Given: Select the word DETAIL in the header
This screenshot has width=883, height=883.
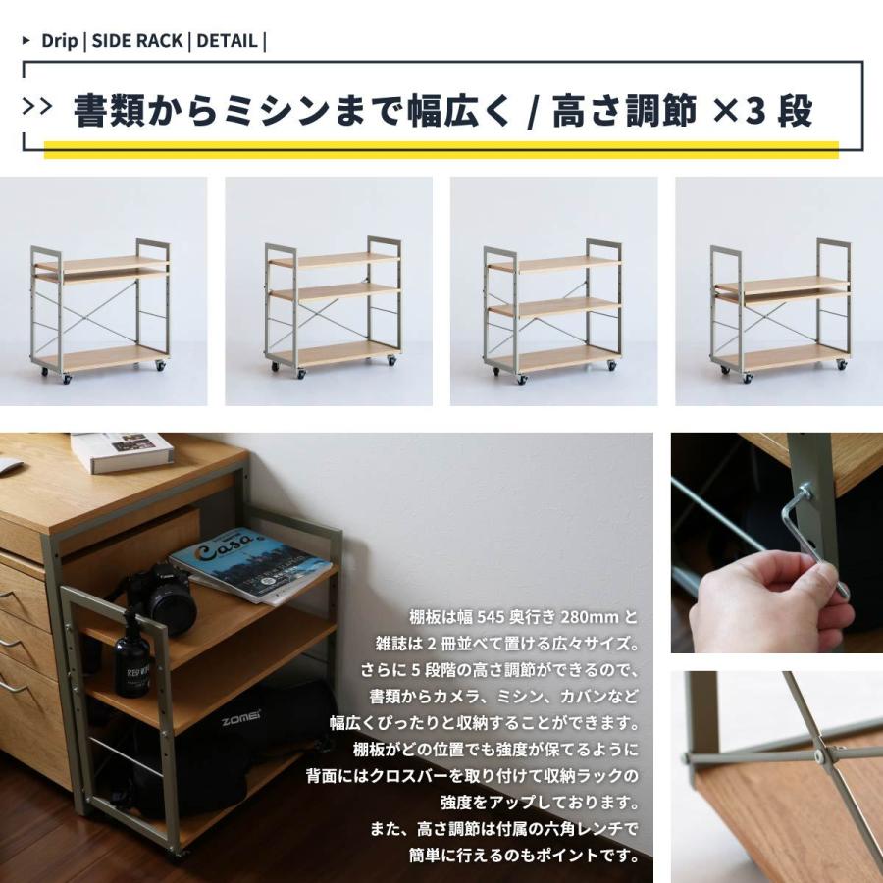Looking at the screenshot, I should (227, 41).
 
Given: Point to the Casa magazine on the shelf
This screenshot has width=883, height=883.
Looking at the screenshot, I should (250, 565).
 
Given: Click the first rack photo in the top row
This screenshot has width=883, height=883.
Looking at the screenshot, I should (103, 291).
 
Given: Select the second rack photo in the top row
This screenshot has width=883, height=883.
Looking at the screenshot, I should (329, 291).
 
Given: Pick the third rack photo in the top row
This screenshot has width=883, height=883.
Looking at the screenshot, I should (553, 291).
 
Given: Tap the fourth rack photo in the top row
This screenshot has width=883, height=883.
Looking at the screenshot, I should (779, 291).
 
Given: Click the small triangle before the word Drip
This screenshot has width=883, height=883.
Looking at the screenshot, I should (26, 41).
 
